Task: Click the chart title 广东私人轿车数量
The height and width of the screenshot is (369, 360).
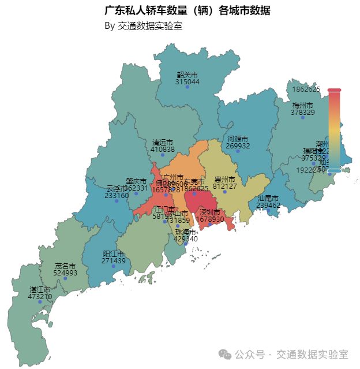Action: coord(187,11)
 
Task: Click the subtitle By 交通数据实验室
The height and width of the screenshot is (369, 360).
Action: coord(144,26)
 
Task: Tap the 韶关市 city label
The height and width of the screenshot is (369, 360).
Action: coord(187,75)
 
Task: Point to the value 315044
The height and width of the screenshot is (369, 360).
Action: coord(187,82)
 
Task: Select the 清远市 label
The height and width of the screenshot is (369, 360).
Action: coord(162,142)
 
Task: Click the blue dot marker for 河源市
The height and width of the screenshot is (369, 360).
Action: coord(237,151)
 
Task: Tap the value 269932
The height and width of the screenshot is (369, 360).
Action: coord(238,146)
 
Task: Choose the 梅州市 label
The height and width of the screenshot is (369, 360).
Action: coord(302,106)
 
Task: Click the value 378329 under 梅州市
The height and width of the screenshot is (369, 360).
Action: coord(302,113)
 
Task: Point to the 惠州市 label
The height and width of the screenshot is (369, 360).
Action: coord(225,180)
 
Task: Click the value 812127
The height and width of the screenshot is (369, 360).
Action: coord(225,187)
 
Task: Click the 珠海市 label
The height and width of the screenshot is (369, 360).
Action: coord(186,232)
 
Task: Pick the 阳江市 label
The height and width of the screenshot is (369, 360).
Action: coord(114,254)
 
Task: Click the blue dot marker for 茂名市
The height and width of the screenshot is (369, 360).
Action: coord(65,278)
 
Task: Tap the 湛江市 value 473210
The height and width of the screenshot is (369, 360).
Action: coord(40,296)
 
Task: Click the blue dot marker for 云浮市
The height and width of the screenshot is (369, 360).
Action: coord(117,200)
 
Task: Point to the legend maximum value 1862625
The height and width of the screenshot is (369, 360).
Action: coord(306,90)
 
